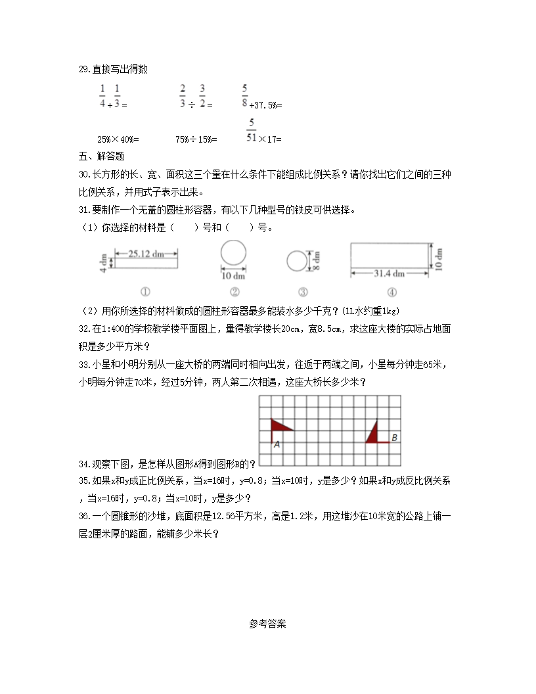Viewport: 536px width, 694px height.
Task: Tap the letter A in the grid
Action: (x=277, y=444)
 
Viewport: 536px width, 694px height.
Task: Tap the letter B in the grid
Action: (x=394, y=437)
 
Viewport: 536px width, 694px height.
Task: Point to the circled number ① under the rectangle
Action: (x=146, y=292)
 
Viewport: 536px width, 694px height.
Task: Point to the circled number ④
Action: (x=391, y=292)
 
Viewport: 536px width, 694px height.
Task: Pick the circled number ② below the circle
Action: (x=234, y=292)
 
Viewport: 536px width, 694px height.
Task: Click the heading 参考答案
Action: (x=267, y=624)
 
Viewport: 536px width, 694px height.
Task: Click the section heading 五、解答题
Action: (x=101, y=156)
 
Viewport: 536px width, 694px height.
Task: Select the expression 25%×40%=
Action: (x=118, y=139)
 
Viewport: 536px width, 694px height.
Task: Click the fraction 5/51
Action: (x=251, y=130)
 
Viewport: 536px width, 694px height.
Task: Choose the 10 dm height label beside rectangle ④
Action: (x=439, y=258)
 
